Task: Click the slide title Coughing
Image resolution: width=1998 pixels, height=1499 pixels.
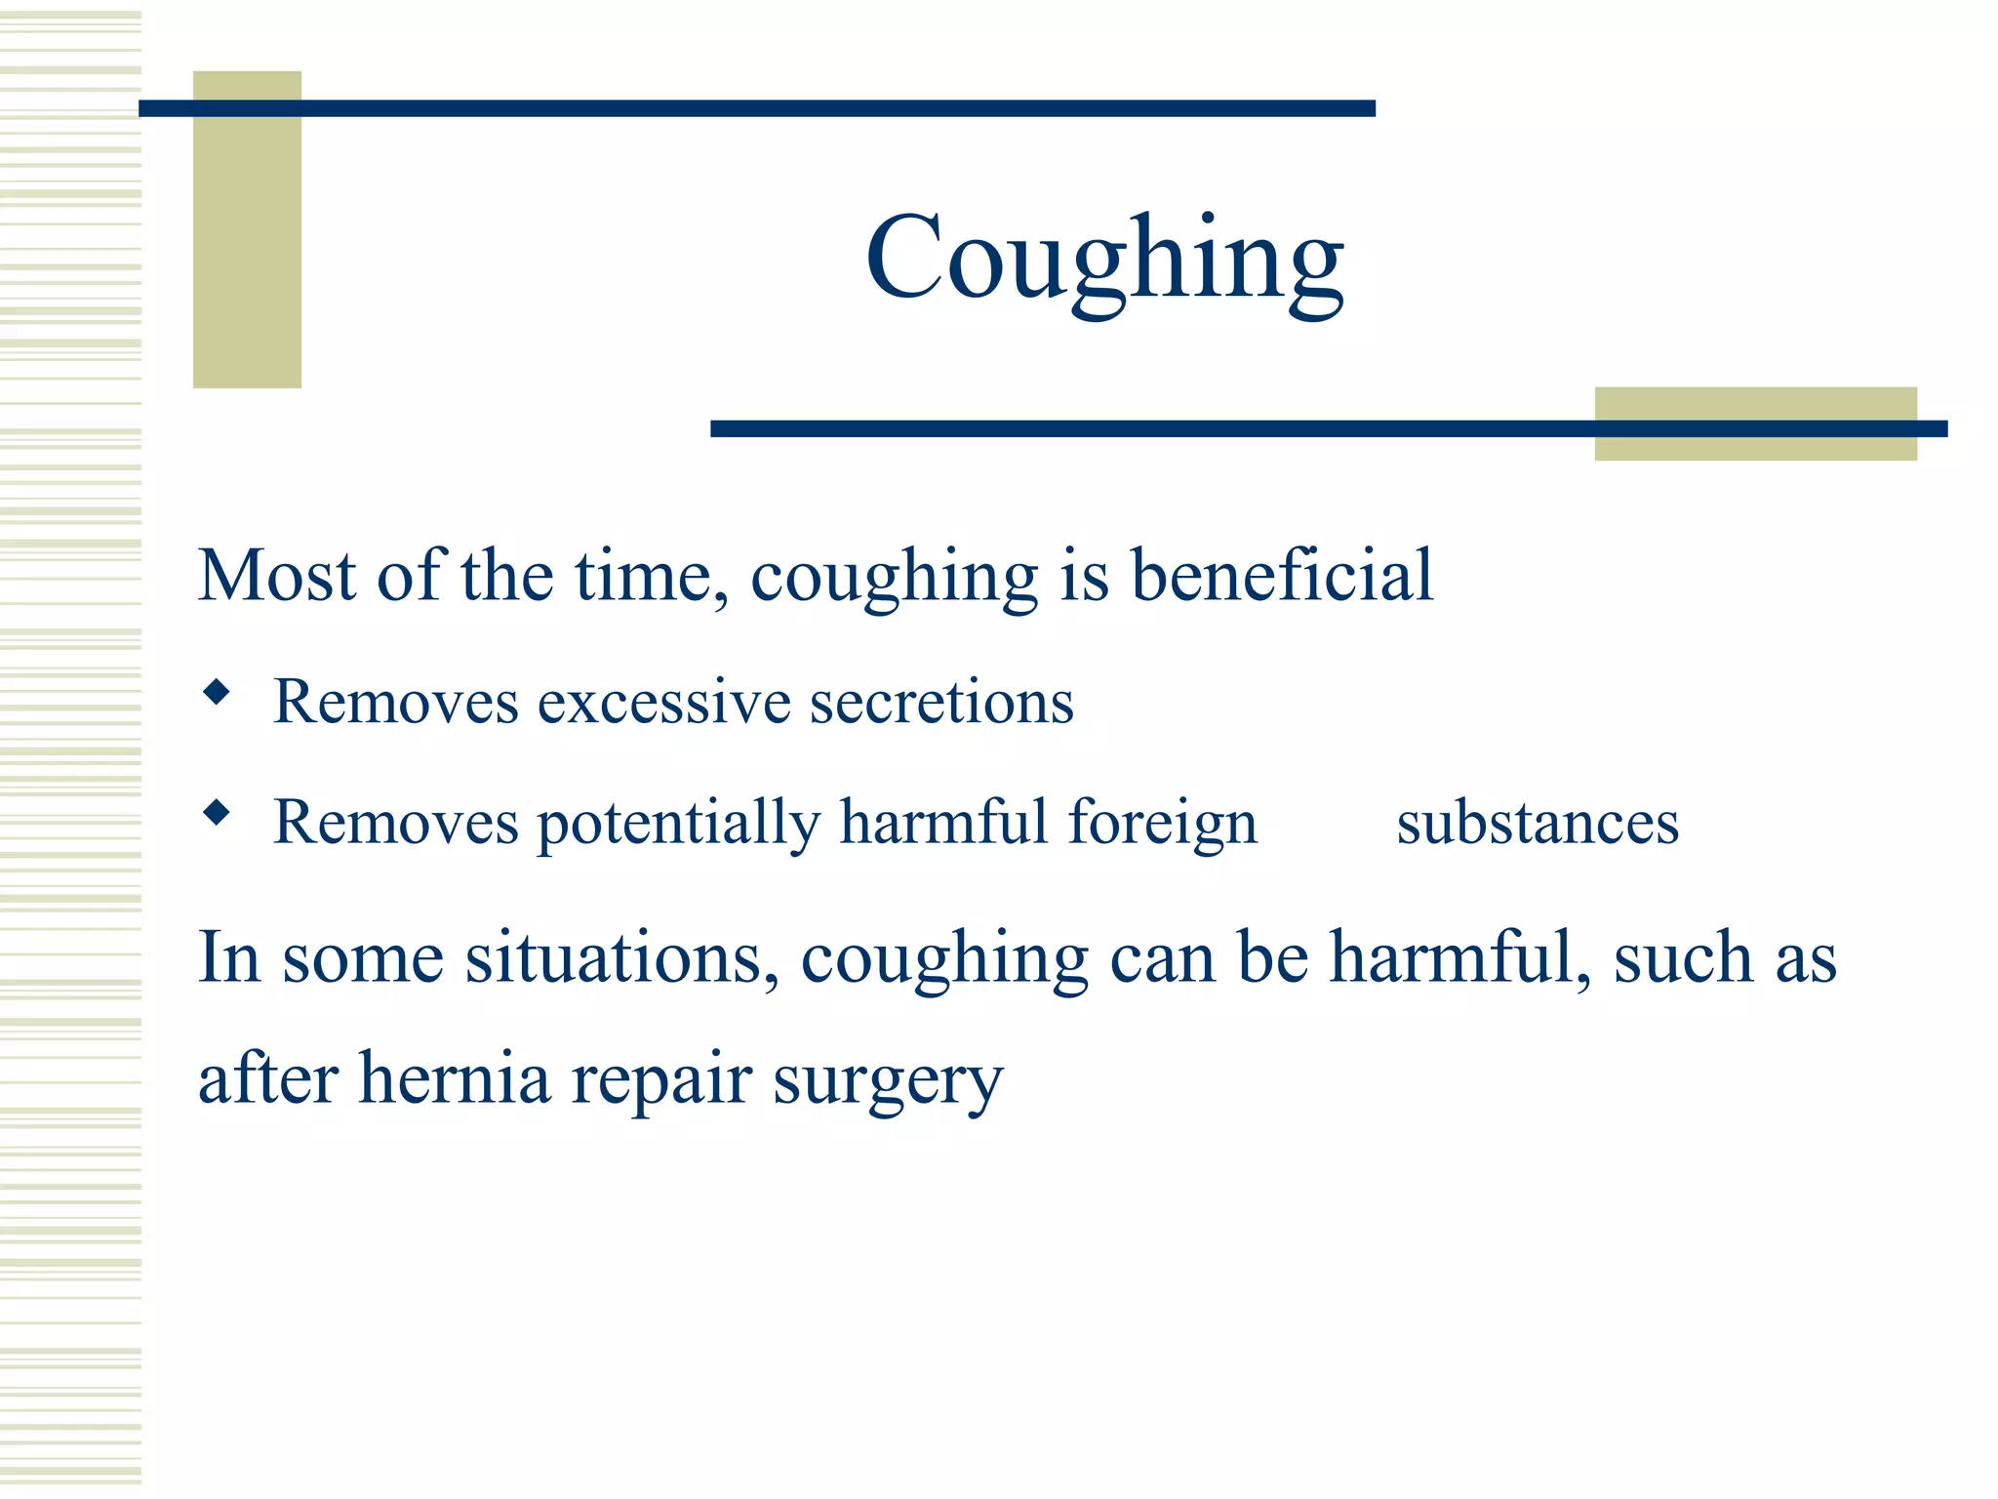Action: [x=1104, y=260]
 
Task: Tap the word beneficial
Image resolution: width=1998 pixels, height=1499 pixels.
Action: [x=1282, y=575]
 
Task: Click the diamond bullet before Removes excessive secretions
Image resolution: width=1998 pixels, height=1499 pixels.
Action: [x=217, y=693]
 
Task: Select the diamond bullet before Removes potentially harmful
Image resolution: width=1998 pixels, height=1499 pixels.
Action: [x=217, y=812]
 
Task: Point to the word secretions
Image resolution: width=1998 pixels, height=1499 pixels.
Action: [x=941, y=703]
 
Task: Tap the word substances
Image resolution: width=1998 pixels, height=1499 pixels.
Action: [x=1538, y=823]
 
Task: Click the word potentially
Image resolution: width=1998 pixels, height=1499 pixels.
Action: [x=679, y=823]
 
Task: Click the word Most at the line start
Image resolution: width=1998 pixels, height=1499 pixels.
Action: [x=276, y=575]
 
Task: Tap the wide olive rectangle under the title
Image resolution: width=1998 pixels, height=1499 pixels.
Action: [x=1755, y=445]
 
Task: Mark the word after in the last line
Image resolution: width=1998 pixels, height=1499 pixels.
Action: [x=268, y=1078]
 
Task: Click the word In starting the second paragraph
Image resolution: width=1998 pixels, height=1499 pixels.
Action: [x=229, y=957]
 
